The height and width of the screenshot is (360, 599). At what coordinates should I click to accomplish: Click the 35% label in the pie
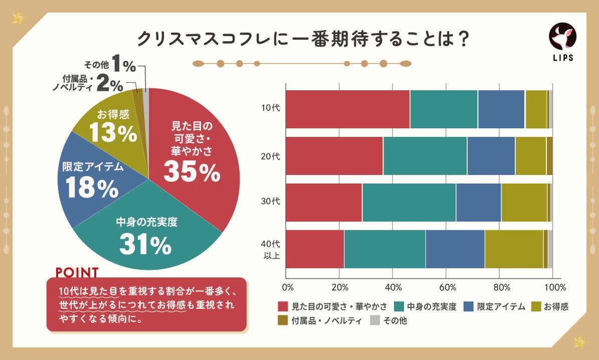tap(191, 172)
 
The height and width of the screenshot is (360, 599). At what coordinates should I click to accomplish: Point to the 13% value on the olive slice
tap(113, 133)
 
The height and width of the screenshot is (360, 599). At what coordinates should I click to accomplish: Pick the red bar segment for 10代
tap(347, 109)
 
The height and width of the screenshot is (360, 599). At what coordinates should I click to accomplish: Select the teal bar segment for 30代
tap(409, 203)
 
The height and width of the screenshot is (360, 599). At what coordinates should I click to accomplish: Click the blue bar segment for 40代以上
tap(455, 249)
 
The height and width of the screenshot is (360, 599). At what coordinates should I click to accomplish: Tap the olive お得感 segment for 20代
tap(530, 156)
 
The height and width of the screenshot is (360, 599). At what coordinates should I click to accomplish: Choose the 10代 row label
tap(270, 108)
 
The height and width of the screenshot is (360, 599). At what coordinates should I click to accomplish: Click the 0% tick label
tap(288, 288)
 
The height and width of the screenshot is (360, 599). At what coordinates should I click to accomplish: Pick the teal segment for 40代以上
tap(384, 249)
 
